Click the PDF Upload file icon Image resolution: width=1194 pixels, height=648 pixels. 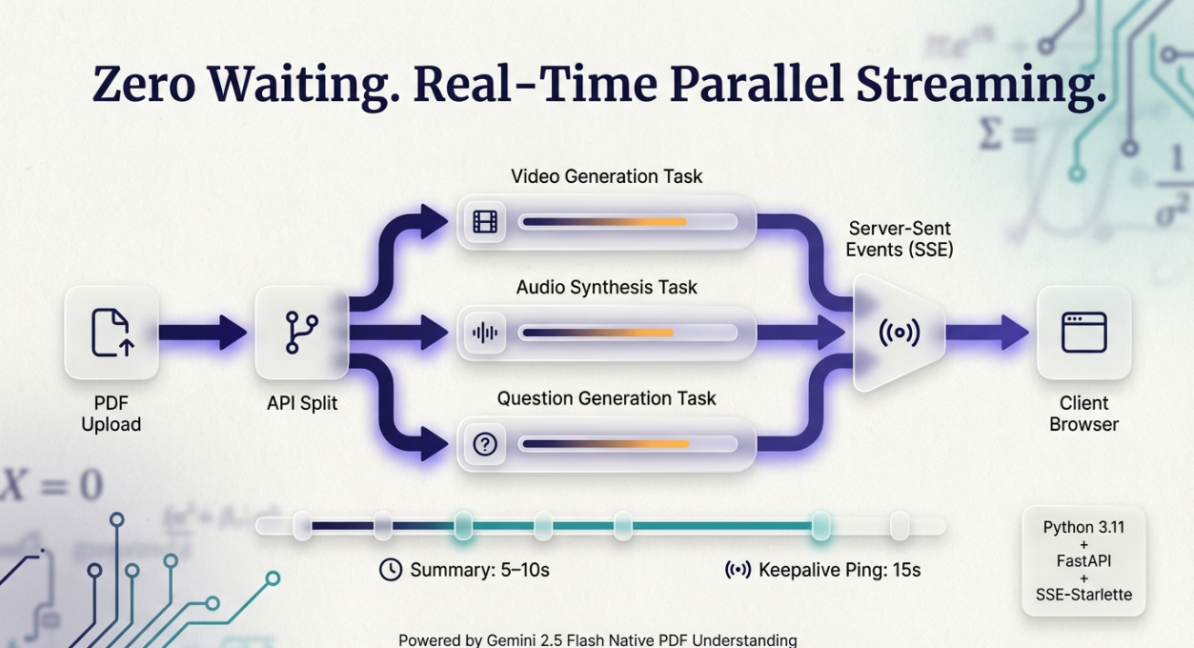[x=111, y=333]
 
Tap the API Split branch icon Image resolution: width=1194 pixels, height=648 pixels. [x=302, y=333]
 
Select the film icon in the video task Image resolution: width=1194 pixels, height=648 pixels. [x=485, y=222]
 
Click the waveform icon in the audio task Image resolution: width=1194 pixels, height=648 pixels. [x=485, y=333]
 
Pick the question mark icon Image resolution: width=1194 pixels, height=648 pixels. [x=485, y=443]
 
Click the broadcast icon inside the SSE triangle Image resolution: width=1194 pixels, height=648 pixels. [x=900, y=333]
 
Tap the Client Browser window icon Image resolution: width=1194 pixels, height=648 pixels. [x=1083, y=333]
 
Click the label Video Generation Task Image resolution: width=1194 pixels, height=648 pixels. [x=606, y=176]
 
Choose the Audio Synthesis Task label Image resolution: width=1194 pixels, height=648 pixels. [x=606, y=287]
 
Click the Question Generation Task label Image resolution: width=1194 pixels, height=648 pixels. [x=606, y=398]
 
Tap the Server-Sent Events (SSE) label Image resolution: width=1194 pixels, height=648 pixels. [x=900, y=239]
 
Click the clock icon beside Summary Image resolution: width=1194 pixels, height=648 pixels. [x=391, y=570]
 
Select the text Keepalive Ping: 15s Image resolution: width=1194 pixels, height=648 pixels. [x=839, y=570]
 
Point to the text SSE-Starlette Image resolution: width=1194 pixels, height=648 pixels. [x=1083, y=595]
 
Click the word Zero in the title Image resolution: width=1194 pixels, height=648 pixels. [x=143, y=84]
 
